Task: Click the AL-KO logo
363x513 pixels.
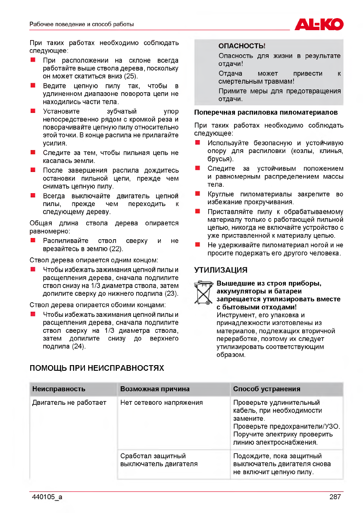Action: tap(319, 24)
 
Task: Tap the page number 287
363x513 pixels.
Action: tap(335, 497)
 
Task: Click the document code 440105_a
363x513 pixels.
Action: tap(47, 497)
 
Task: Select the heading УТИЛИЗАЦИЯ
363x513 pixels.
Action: tap(221, 270)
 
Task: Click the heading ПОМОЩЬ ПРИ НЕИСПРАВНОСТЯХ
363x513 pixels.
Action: tap(97, 368)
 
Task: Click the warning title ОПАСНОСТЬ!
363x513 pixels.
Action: tap(242, 46)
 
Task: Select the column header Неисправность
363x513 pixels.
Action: tap(59, 389)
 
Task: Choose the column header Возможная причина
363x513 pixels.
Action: tap(155, 389)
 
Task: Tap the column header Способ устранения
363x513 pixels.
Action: tap(266, 389)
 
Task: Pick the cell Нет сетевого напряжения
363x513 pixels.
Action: tap(161, 403)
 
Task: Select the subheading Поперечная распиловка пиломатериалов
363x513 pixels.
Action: tap(266, 113)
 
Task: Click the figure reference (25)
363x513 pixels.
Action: tap(131, 77)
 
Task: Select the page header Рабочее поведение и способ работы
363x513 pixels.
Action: tap(81, 24)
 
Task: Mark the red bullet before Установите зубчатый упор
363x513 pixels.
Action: tap(32, 111)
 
